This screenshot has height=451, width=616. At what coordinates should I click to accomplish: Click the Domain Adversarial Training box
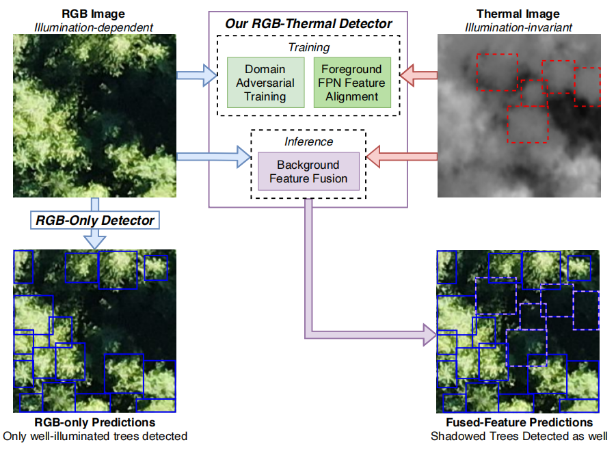point(265,83)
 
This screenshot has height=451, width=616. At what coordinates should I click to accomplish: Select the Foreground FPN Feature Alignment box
point(351,83)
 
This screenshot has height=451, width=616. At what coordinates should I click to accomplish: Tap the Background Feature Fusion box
point(308,172)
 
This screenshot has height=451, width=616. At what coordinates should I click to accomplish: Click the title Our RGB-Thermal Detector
point(308,24)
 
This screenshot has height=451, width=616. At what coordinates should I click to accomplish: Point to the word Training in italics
point(308,48)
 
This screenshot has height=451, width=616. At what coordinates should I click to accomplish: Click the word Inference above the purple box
point(308,141)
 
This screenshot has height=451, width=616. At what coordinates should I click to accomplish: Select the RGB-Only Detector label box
point(95,220)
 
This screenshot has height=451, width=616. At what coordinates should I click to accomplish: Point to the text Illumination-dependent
point(94,27)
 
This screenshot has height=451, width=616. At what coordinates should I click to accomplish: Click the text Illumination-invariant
point(518,27)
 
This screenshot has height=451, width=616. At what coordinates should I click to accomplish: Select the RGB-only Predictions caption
point(94,423)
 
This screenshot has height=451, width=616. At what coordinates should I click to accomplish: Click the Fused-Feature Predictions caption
point(518,423)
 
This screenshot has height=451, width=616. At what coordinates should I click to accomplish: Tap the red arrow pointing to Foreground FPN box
point(417,77)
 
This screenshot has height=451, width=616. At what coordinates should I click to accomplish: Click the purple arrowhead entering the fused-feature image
point(429,335)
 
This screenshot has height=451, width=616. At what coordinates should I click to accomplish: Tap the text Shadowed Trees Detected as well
point(518,436)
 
